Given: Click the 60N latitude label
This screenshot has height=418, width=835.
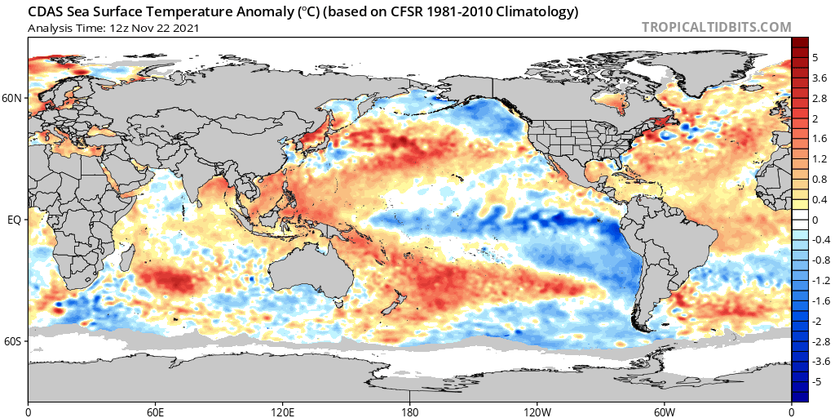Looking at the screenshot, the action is [x=13, y=98].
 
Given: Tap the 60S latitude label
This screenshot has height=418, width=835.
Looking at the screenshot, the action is [x=13, y=341].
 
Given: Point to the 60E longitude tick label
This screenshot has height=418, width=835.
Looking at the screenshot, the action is [x=155, y=412].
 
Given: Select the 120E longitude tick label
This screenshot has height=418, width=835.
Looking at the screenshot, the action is [x=282, y=412].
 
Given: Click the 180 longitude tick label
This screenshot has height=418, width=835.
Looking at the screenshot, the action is [x=409, y=412].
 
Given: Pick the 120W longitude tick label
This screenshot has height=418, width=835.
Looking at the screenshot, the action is [x=537, y=412].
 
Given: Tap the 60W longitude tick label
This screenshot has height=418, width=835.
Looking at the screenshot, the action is [x=664, y=412].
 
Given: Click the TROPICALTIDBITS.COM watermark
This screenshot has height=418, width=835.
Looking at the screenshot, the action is [x=716, y=27].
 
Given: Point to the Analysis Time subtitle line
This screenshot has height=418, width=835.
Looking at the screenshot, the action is [x=113, y=28].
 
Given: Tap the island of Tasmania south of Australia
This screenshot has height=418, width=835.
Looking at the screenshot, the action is [x=338, y=304].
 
